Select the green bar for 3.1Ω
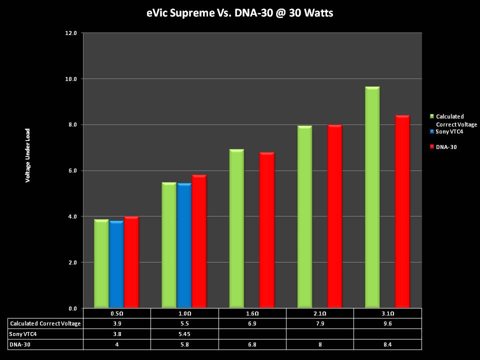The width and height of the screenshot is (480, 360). pyautogui.click(x=372, y=197)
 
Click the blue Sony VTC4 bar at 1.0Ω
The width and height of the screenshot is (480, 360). pyautogui.click(x=184, y=245)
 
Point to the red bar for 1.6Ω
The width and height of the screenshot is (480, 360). pyautogui.click(x=266, y=229)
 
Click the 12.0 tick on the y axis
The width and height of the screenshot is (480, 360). pyautogui.click(x=71, y=33)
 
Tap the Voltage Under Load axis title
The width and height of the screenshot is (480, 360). pyautogui.click(x=28, y=155)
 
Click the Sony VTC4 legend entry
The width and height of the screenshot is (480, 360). pyautogui.click(x=449, y=131)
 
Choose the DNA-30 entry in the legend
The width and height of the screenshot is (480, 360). pyautogui.click(x=446, y=147)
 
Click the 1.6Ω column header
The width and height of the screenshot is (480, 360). pyautogui.click(x=252, y=313)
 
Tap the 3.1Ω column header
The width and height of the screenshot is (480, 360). pyautogui.click(x=387, y=313)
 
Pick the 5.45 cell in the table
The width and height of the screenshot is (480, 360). pyautogui.click(x=185, y=334)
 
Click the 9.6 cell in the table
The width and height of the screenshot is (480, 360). pyautogui.click(x=387, y=323)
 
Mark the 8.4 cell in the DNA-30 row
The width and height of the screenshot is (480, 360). pyautogui.click(x=387, y=344)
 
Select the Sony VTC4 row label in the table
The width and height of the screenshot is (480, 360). pyautogui.click(x=23, y=334)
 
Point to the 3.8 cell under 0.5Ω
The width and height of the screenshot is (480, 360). pyautogui.click(x=117, y=334)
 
